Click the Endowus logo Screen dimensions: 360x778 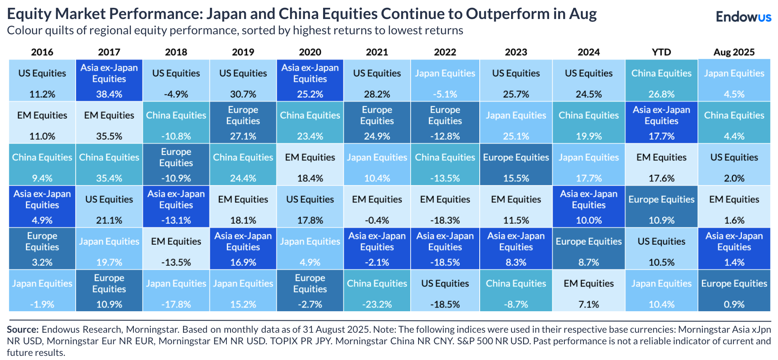[x=743, y=17]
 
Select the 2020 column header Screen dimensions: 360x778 [x=310, y=52]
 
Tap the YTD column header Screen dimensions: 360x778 [x=661, y=52]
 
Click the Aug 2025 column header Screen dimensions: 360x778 [x=734, y=52]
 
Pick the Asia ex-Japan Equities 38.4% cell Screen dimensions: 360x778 [x=109, y=81]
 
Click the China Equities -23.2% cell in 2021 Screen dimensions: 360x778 [x=377, y=291]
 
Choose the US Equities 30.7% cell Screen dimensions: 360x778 [x=243, y=81]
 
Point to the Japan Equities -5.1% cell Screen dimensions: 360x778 [x=445, y=81]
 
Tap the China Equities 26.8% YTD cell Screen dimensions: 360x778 [x=661, y=81]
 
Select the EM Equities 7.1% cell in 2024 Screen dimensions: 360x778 [x=588, y=291]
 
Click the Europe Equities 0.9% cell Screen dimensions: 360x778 [x=734, y=291]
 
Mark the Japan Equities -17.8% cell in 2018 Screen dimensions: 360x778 [x=176, y=291]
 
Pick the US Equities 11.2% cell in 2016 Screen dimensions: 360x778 [x=42, y=81]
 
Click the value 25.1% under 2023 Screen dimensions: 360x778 [x=516, y=136]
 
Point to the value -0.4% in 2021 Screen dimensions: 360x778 [x=377, y=220]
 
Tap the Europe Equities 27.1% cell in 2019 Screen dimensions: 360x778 [x=243, y=123]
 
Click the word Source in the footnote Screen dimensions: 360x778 [x=22, y=329]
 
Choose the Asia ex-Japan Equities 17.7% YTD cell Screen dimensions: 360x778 [x=661, y=123]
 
